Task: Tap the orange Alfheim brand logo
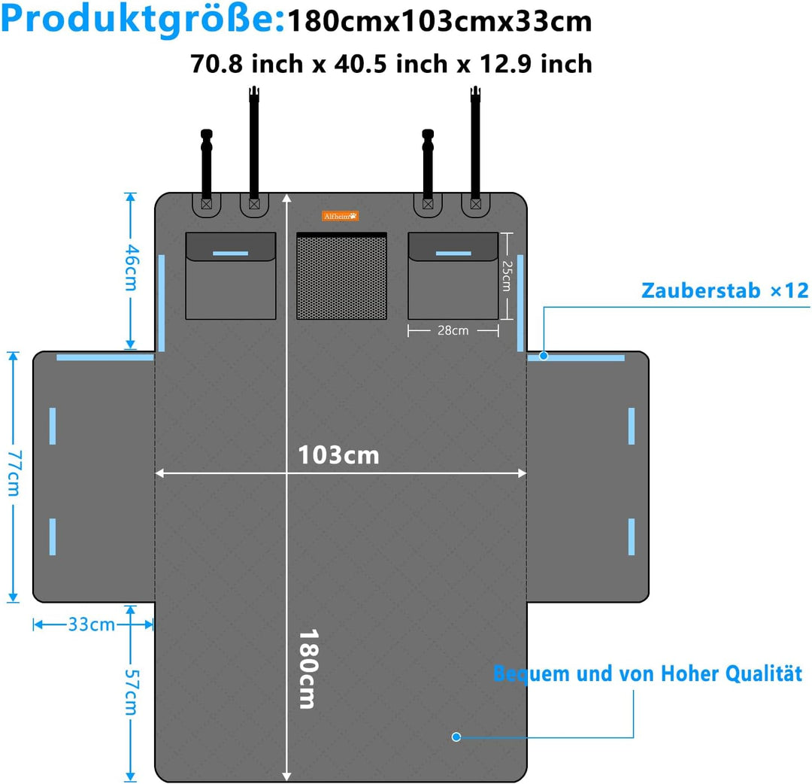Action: [341, 216]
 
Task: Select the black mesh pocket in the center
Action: [341, 275]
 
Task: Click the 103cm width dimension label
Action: [338, 455]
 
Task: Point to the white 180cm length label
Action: [308, 669]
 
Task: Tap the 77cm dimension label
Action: [14, 473]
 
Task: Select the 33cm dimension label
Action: [92, 624]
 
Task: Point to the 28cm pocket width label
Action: [453, 330]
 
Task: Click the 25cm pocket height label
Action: [507, 275]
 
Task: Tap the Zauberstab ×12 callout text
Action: [725, 290]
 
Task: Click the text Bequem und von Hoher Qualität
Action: [647, 673]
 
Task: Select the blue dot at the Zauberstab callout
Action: [544, 356]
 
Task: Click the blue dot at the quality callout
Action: [456, 737]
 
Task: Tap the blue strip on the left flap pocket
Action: [231, 254]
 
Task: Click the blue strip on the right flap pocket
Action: [453, 254]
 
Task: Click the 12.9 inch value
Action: [535, 64]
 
